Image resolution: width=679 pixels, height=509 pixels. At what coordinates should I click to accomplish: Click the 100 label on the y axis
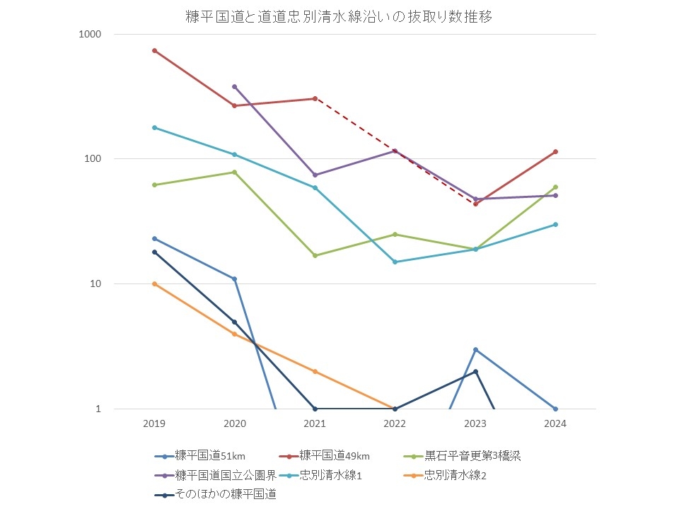coord(95,159)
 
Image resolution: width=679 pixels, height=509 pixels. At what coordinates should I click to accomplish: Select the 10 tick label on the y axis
coord(97,284)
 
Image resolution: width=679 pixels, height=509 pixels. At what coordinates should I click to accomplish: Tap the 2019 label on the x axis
coord(154,423)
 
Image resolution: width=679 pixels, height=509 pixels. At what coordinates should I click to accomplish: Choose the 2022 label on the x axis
coord(395,423)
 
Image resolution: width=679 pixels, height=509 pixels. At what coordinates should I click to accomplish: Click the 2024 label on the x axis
coord(555,423)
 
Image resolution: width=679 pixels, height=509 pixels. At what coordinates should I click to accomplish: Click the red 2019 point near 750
coord(154,50)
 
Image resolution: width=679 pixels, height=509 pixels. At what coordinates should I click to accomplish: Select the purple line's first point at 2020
coord(235,86)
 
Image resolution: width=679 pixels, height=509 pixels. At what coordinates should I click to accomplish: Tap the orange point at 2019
coord(154,283)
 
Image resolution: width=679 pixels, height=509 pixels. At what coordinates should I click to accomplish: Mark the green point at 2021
coord(315,255)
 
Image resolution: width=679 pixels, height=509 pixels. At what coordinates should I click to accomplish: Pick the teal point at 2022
coord(395,262)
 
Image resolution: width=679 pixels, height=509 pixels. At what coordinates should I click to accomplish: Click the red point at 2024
coord(555,151)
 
